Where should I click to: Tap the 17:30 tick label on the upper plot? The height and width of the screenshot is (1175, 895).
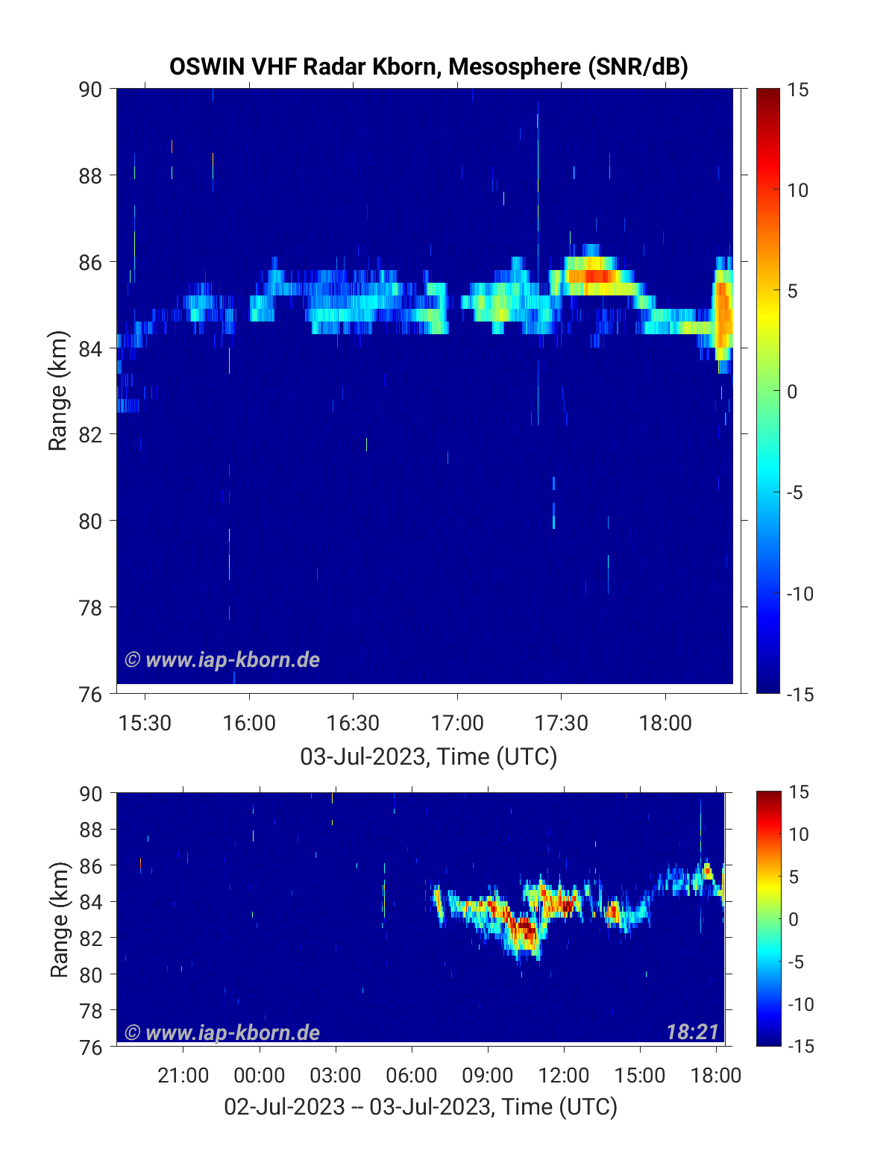[561, 723]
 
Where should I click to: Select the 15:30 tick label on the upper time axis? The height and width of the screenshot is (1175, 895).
[145, 723]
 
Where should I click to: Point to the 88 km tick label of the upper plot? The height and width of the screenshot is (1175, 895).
[90, 176]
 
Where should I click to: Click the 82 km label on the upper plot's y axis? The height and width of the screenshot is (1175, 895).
[90, 435]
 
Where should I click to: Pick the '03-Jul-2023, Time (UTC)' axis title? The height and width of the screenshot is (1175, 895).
[428, 756]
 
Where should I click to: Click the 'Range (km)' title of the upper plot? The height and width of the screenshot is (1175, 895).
[57, 391]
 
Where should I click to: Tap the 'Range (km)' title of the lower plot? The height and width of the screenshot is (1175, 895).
[59, 919]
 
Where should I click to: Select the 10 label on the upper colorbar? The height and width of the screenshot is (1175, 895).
[797, 190]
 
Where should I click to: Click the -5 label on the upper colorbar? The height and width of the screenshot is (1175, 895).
[795, 493]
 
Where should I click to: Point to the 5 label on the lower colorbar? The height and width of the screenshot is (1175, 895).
[794, 877]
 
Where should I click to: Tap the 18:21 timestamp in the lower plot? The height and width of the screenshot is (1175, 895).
[692, 1032]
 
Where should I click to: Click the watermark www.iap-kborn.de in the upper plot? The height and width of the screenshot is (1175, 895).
[222, 659]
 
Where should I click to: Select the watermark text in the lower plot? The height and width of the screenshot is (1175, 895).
[222, 1033]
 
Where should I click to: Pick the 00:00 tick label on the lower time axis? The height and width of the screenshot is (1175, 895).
[260, 1075]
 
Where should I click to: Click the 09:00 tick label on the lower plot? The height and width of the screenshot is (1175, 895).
[488, 1075]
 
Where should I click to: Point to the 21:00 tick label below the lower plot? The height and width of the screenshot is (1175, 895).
[183, 1075]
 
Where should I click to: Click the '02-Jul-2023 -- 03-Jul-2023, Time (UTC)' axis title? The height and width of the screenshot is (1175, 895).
[421, 1106]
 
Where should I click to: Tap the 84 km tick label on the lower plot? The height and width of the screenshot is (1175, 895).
[91, 902]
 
